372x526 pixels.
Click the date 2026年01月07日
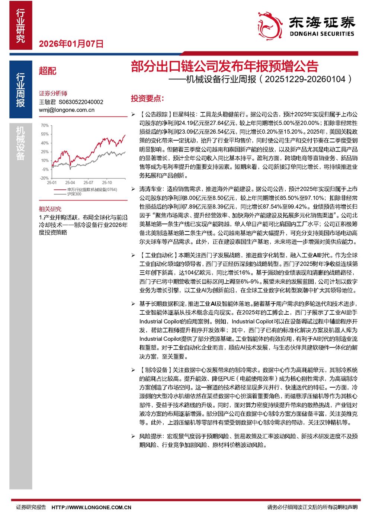click(x=71, y=44)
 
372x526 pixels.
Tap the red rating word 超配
click(x=48, y=71)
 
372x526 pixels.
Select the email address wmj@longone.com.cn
click(x=67, y=110)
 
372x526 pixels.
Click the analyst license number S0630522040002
click(x=81, y=102)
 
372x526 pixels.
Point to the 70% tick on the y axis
click(x=45, y=125)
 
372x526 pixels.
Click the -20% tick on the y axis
click(x=44, y=178)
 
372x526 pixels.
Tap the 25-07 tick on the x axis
click(x=88, y=183)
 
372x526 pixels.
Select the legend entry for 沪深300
click(x=74, y=194)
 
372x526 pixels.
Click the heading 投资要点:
click(x=147, y=99)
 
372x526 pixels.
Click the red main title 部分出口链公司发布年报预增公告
click(x=224, y=66)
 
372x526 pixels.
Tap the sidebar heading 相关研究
click(x=50, y=209)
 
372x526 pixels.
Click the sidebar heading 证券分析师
click(x=53, y=93)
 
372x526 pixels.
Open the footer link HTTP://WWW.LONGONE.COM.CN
click(x=91, y=507)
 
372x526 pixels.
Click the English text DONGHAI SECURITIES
click(x=322, y=34)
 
